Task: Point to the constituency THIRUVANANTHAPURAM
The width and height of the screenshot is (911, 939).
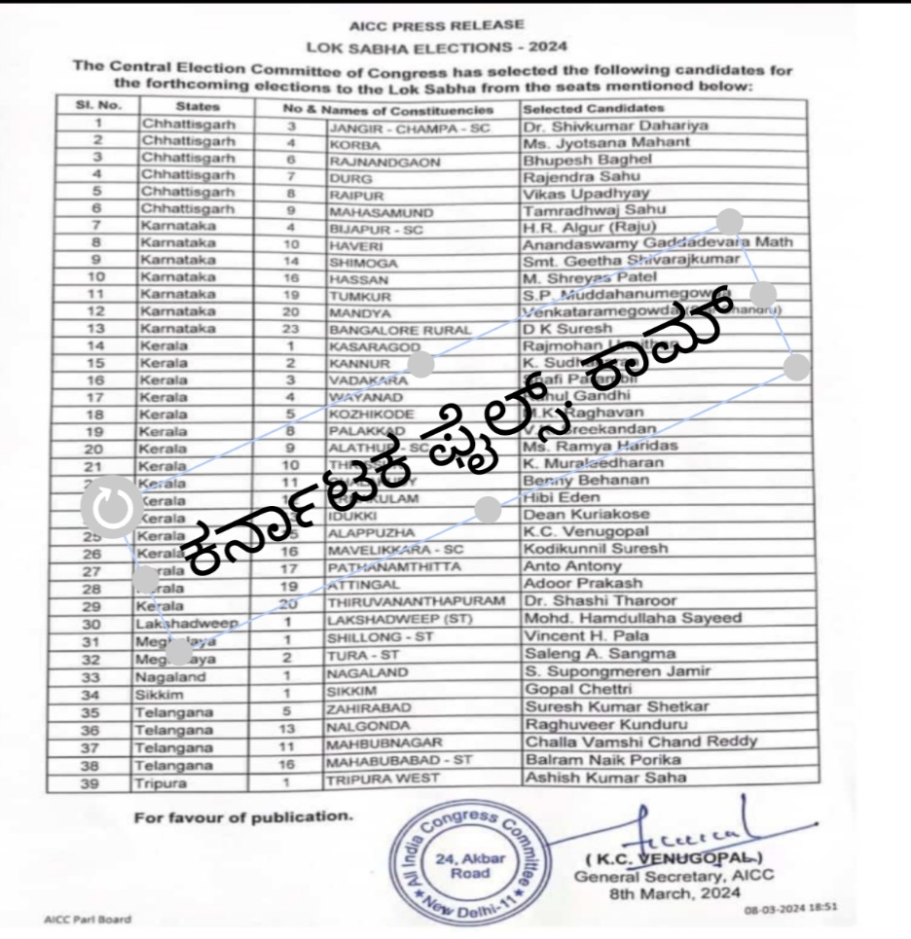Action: tap(417, 601)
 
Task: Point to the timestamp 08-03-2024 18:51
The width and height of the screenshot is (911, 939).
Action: tap(791, 908)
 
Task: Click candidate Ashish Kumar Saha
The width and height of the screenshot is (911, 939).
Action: tap(604, 776)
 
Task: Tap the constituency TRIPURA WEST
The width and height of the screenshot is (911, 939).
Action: tap(383, 778)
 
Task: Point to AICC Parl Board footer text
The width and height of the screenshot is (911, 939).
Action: tap(88, 920)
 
